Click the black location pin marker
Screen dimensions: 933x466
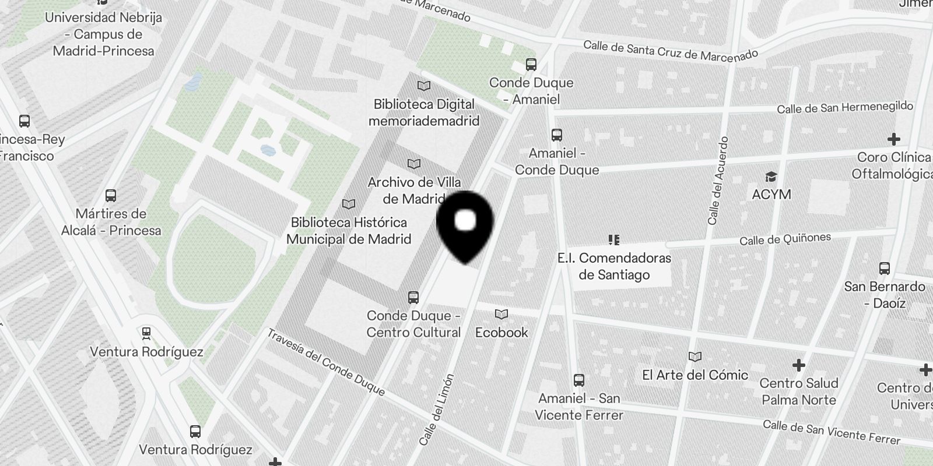[x=465, y=224]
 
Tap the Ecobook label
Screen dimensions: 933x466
[x=501, y=333]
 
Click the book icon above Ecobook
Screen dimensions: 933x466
[x=501, y=315]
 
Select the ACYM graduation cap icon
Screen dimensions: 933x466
[x=771, y=176]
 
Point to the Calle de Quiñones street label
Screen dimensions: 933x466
[x=785, y=239]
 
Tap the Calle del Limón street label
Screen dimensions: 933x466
[x=436, y=410]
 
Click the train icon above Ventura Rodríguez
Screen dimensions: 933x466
[x=146, y=333]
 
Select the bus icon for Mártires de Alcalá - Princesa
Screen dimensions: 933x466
[x=111, y=195]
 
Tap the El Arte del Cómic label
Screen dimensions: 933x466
[x=695, y=375]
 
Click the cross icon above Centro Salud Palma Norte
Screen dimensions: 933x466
[x=798, y=365]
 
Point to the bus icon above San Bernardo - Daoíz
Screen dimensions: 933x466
[x=884, y=269]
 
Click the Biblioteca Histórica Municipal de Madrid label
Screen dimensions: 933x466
[x=349, y=231]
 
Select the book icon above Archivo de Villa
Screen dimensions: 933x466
[x=414, y=164]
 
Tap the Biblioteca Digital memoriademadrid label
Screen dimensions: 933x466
[x=424, y=112]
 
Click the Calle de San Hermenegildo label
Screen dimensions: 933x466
[x=844, y=108]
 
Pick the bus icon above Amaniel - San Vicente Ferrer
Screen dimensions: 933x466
[x=578, y=380]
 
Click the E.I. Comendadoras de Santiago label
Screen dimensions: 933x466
[x=614, y=266]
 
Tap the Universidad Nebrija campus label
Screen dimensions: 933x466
[x=103, y=34]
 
